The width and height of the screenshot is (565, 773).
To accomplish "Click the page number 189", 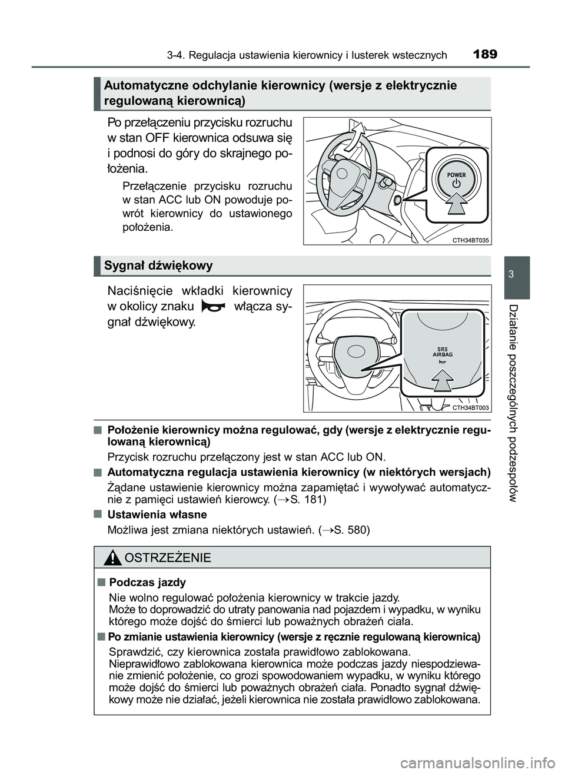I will (485, 55).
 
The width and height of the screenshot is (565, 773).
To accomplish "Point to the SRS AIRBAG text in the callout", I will (442, 353).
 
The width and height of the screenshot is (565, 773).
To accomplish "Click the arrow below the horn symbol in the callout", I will (442, 382).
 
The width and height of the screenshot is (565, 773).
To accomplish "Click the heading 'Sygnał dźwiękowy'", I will (158, 266).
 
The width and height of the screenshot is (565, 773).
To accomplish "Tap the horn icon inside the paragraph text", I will (212, 307).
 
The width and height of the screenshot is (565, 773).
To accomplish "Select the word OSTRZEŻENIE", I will (168, 558).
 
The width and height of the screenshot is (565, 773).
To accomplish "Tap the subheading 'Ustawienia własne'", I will (157, 515).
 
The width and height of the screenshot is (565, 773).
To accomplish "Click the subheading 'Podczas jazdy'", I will (148, 582).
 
